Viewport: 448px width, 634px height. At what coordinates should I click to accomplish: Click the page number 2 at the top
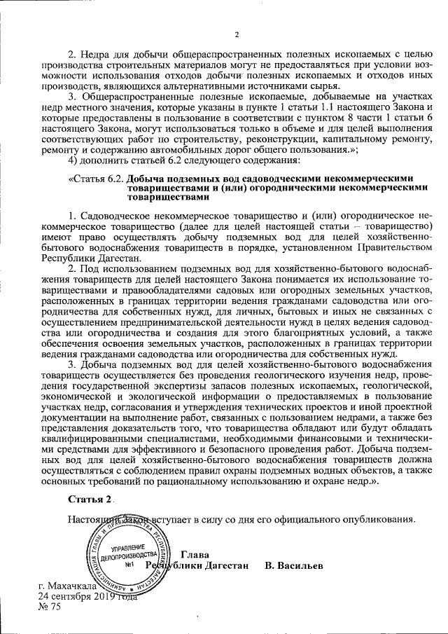237,36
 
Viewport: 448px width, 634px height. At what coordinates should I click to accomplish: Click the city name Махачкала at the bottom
69,584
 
